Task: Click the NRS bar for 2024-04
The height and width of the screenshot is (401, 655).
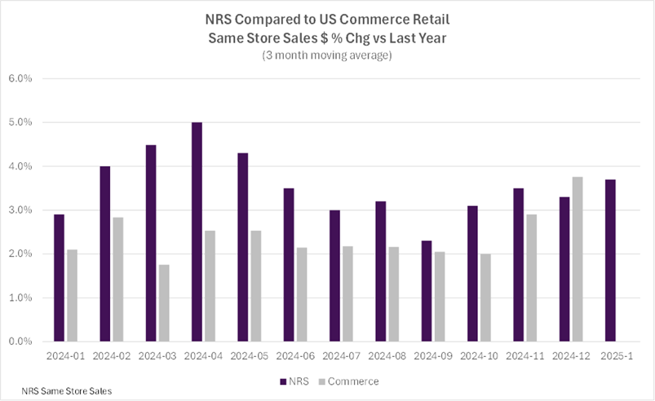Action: pyautogui.click(x=197, y=232)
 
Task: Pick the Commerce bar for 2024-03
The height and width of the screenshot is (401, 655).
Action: pyautogui.click(x=163, y=303)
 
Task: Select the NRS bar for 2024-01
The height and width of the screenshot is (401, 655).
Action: pyautogui.click(x=60, y=278)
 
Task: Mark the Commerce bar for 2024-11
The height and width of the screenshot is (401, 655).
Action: pyautogui.click(x=532, y=278)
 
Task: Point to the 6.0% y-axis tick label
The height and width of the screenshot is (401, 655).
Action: pyautogui.click(x=20, y=79)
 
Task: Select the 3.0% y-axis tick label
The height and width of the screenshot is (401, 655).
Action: pyautogui.click(x=20, y=210)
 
